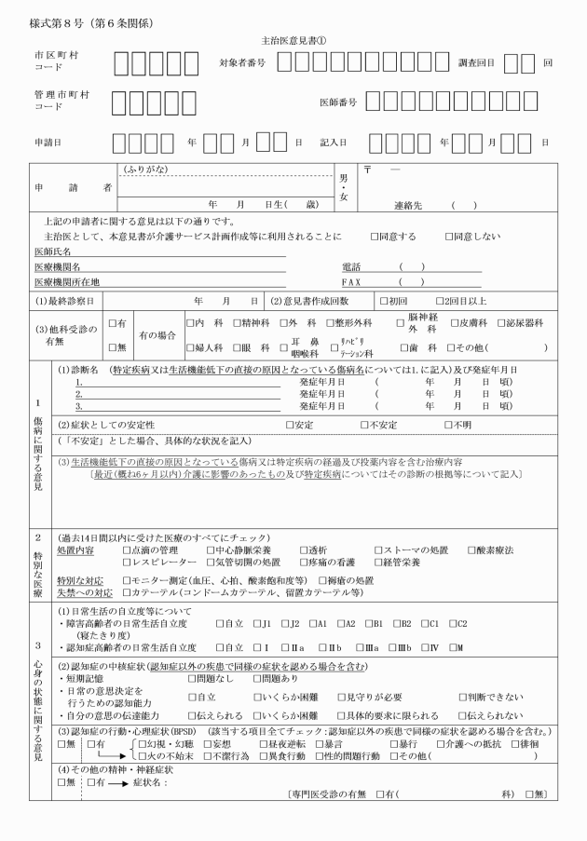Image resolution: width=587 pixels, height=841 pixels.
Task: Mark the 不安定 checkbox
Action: pos(365,426)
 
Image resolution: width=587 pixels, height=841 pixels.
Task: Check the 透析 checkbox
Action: pos(304,550)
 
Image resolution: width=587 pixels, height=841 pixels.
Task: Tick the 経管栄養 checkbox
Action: pos(378,564)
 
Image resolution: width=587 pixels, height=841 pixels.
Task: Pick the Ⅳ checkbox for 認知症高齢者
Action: pos(429,647)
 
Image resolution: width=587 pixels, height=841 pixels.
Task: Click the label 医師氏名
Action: pos(53,252)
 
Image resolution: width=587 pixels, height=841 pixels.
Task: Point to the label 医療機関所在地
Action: pos(66,281)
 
